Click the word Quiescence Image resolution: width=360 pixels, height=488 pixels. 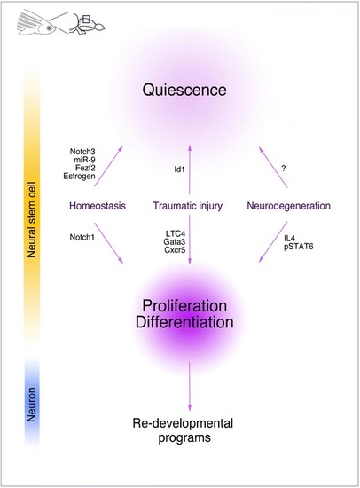[184, 90]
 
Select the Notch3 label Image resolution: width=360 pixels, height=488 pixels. [82, 152]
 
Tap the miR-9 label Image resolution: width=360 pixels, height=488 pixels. [84, 160]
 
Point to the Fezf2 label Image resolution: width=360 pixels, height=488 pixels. [85, 168]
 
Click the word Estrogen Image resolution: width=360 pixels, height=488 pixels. [79, 177]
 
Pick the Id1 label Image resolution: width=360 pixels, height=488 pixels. [179, 169]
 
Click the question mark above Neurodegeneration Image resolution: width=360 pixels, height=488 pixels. [284, 169]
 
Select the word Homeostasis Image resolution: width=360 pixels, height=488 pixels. [98, 206]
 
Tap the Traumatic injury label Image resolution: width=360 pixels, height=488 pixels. [188, 206]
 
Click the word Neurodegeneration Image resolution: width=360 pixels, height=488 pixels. [289, 206]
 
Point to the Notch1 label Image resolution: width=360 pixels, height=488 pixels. [82, 237]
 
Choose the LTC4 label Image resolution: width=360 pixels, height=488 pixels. [176, 233]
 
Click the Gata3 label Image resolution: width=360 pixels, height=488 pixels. [175, 241]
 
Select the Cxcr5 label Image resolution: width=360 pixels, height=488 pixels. [175, 249]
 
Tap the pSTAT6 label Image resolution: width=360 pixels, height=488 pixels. [299, 247]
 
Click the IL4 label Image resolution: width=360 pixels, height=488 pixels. [289, 239]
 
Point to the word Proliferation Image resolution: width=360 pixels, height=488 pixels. [184, 306]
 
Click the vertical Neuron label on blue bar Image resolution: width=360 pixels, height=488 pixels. [31, 405]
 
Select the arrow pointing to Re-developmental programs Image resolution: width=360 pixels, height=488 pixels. [190, 386]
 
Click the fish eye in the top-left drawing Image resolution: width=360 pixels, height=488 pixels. [49, 28]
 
